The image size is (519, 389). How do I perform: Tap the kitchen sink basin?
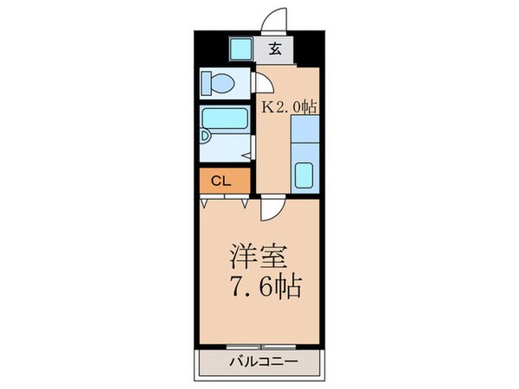click(x=305, y=174)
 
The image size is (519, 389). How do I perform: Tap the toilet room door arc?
click(x=262, y=82)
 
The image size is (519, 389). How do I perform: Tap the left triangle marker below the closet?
click(x=204, y=204)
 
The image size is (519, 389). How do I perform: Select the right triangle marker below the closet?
click(x=245, y=204)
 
